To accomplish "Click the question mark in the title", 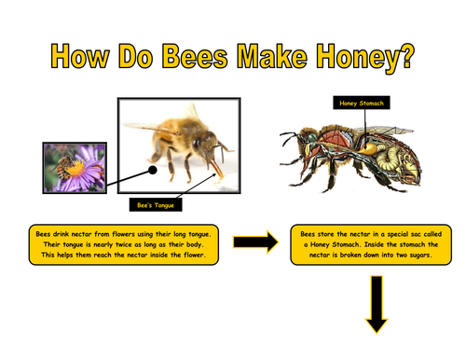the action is click(x=405, y=56).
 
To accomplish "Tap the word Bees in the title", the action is click(x=195, y=56).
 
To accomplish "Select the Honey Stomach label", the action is click(x=362, y=103).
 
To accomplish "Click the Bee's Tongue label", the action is click(x=156, y=205).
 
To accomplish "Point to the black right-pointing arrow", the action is click(x=256, y=242).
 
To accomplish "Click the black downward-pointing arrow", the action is click(x=377, y=304).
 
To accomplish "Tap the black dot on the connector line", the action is click(x=153, y=170).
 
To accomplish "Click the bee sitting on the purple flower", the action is click(x=64, y=167).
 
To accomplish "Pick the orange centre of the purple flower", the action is click(x=75, y=169).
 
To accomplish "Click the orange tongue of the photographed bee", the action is click(x=216, y=169).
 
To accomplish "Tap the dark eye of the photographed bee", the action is click(x=197, y=144).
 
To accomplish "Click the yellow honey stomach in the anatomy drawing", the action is click(x=369, y=147).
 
